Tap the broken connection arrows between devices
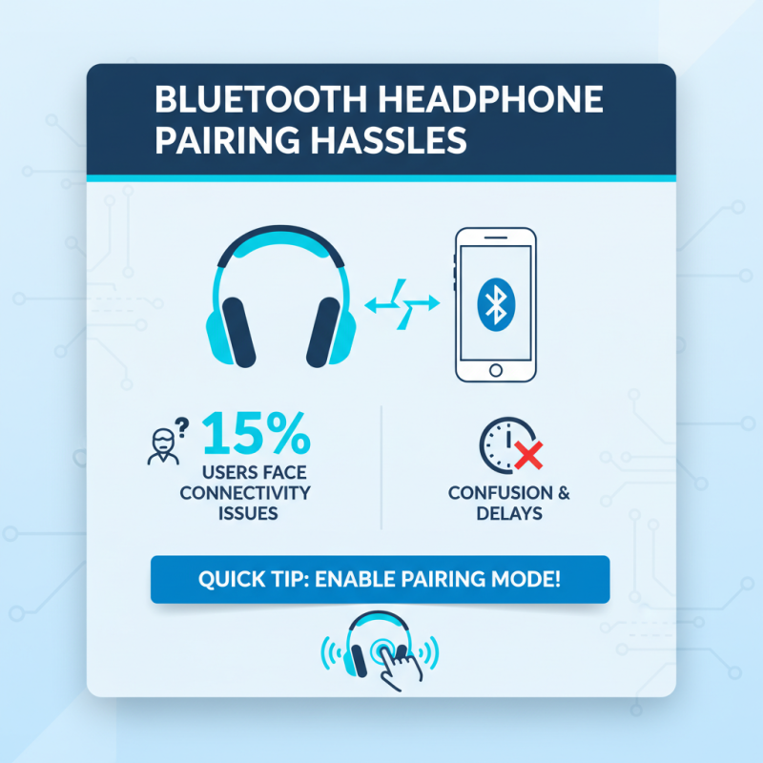(402, 303)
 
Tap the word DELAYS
(510, 514)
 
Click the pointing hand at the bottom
(396, 661)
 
